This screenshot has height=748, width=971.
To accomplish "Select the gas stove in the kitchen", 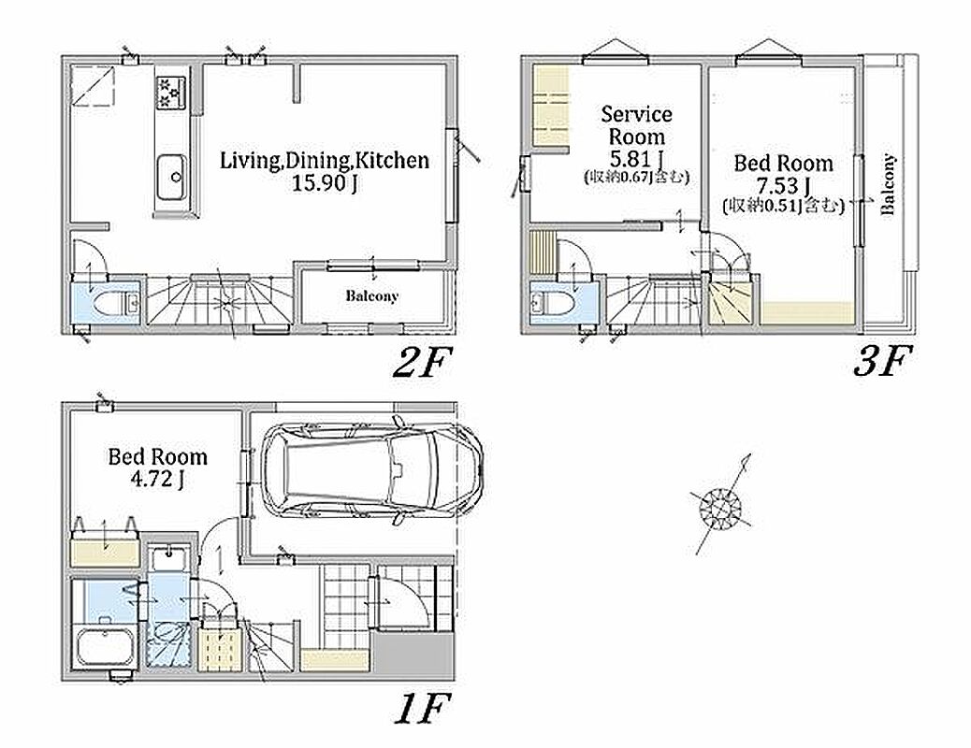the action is click(171, 92).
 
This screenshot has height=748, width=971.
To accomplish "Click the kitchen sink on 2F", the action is click(171, 177).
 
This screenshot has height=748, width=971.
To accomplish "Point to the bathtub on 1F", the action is click(106, 647).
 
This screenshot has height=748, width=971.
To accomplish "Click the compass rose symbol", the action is click(721, 505).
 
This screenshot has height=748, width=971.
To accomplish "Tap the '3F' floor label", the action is click(882, 360).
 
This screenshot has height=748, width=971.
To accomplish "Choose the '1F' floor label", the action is click(422, 708).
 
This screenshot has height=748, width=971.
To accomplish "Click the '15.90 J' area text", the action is click(325, 183).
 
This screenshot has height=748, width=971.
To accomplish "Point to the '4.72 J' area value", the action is click(157, 480).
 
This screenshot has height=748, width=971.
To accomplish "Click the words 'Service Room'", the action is click(637, 125).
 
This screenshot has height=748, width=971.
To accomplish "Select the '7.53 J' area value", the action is click(783, 185).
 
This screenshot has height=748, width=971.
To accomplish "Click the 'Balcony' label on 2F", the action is click(371, 296).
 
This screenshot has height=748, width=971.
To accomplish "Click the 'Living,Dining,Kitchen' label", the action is click(325, 161).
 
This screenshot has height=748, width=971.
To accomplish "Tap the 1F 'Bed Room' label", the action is click(157, 457).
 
